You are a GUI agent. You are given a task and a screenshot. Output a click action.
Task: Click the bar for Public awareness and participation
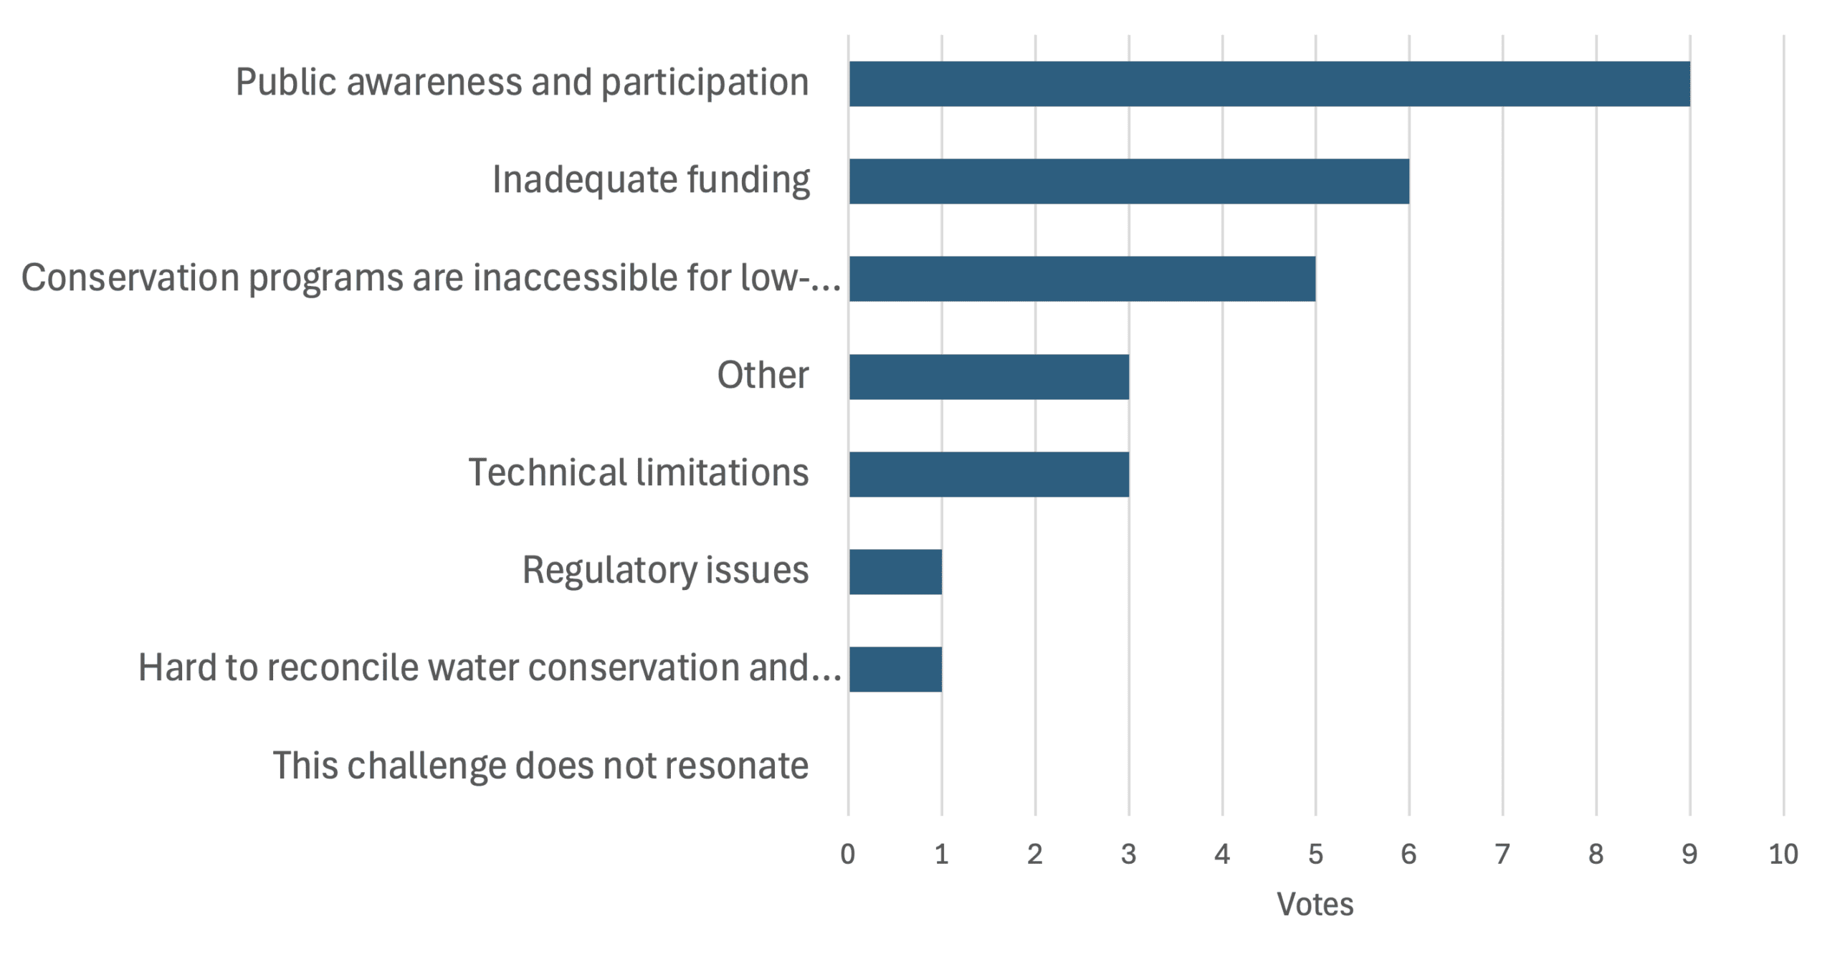[x=1269, y=84]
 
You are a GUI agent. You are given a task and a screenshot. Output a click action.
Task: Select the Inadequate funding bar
[x=1129, y=181]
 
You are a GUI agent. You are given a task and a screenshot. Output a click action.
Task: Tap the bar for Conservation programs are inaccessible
[x=1082, y=279]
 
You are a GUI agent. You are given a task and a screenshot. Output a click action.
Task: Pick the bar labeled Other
[x=989, y=376]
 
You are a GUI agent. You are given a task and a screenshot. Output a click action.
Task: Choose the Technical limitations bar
[x=989, y=474]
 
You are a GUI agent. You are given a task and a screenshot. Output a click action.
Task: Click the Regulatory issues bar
[x=895, y=571]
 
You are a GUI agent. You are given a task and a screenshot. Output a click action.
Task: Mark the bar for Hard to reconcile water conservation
[x=895, y=669]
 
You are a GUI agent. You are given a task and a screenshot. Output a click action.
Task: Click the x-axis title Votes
[x=1315, y=904]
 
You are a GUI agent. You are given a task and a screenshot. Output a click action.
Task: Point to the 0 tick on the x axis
[x=848, y=854]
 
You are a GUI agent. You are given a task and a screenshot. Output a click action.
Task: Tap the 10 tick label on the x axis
[x=1783, y=854]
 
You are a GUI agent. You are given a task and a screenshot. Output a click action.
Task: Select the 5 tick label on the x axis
[x=1315, y=854]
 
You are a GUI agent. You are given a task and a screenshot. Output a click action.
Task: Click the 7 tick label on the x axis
[x=1502, y=854]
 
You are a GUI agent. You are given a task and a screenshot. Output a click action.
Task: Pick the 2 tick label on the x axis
[x=1035, y=854]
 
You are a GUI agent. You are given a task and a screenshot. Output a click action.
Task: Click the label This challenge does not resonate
[x=540, y=766]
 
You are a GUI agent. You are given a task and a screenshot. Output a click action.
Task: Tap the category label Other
[x=763, y=375]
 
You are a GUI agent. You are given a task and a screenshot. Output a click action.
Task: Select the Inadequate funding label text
[x=651, y=180]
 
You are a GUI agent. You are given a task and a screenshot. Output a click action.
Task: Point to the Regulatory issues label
[x=665, y=571]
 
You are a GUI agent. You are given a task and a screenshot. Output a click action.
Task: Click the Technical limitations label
[x=638, y=473]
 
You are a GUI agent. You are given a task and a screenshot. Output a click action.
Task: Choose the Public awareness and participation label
[x=522, y=82]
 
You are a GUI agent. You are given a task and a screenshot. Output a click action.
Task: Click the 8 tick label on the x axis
[x=1596, y=854]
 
